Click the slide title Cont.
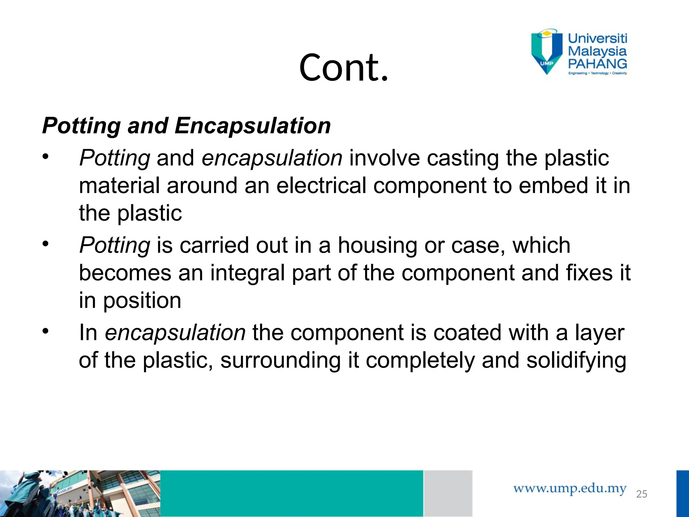coord(343,67)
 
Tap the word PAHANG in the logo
coord(597,64)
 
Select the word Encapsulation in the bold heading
coord(252,126)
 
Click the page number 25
coord(642,494)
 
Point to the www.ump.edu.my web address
coord(570,488)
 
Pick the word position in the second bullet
coord(142,301)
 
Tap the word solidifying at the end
coord(576,360)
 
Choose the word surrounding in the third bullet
coord(281,360)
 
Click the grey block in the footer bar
coord(448,493)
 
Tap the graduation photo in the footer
coord(80,493)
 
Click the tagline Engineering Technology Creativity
coord(597,73)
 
